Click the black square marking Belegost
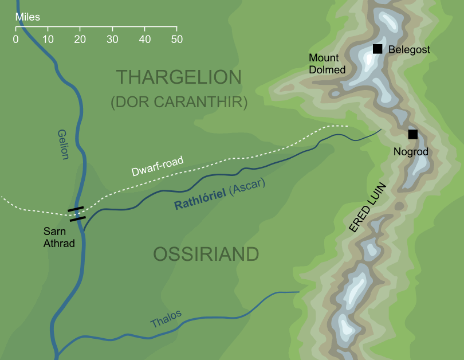pos(378,49)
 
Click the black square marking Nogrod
pos(412,135)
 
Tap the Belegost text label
pos(409,50)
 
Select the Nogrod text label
pos(411,152)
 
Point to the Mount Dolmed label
pos(327,64)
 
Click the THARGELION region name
pos(179,77)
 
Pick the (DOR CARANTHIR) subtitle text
pos(179,102)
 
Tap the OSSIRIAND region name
pos(206,254)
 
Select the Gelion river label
pos(63,144)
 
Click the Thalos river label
pos(166,319)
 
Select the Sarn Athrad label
pos(58,237)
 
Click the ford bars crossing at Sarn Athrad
pos(77,213)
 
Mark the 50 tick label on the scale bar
pos(176,40)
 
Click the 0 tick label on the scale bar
pos(15,40)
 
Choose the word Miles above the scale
pos(27,17)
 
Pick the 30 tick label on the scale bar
pos(112,40)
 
